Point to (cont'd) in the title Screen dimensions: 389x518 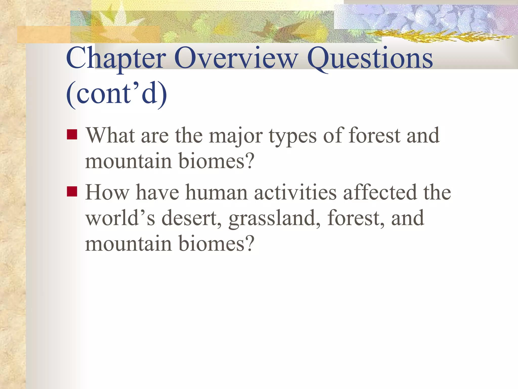(x=117, y=94)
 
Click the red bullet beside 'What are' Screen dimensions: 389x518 (x=72, y=134)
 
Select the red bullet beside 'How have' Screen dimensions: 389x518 (x=72, y=191)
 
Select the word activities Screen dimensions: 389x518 (x=295, y=192)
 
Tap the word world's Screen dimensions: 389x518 (x=120, y=218)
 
